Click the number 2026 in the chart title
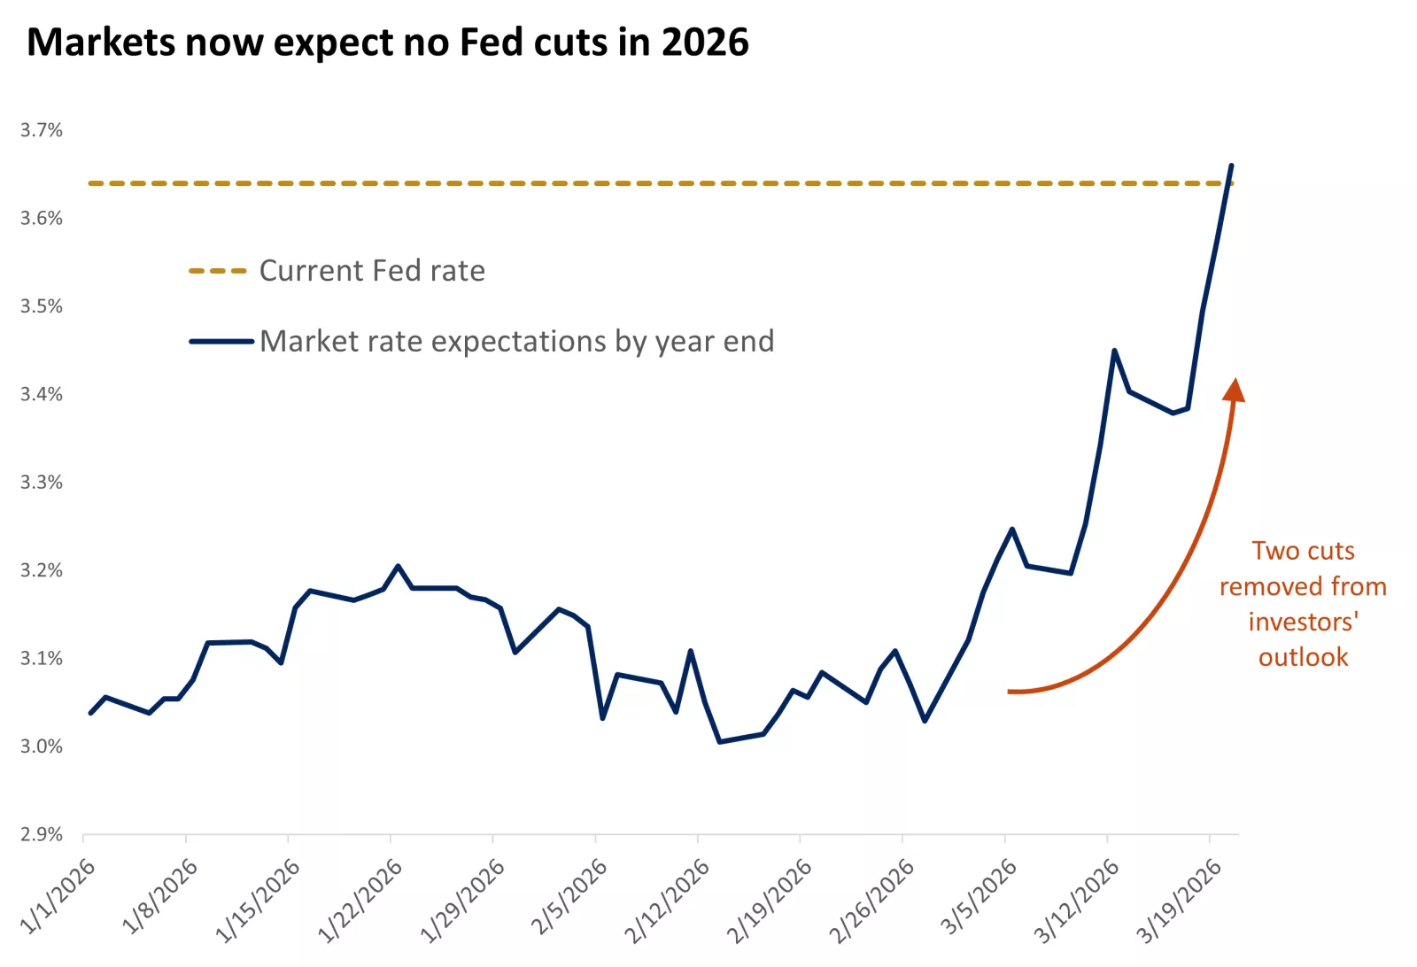click(705, 43)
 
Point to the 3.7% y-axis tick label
click(42, 130)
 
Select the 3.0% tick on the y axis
click(42, 747)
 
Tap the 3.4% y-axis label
click(42, 394)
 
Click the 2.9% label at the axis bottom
click(42, 834)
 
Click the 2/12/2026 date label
click(668, 900)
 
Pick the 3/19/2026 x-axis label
click(1180, 900)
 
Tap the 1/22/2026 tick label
click(360, 900)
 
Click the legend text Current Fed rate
click(372, 270)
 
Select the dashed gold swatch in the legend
click(218, 271)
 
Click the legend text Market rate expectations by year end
click(516, 341)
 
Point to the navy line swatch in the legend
click(221, 341)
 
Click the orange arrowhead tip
click(1235, 383)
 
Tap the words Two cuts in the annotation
click(1303, 551)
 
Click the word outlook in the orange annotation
click(1303, 657)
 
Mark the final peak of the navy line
click(1231, 166)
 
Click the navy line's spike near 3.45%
click(1114, 351)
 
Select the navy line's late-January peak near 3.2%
click(398, 566)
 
